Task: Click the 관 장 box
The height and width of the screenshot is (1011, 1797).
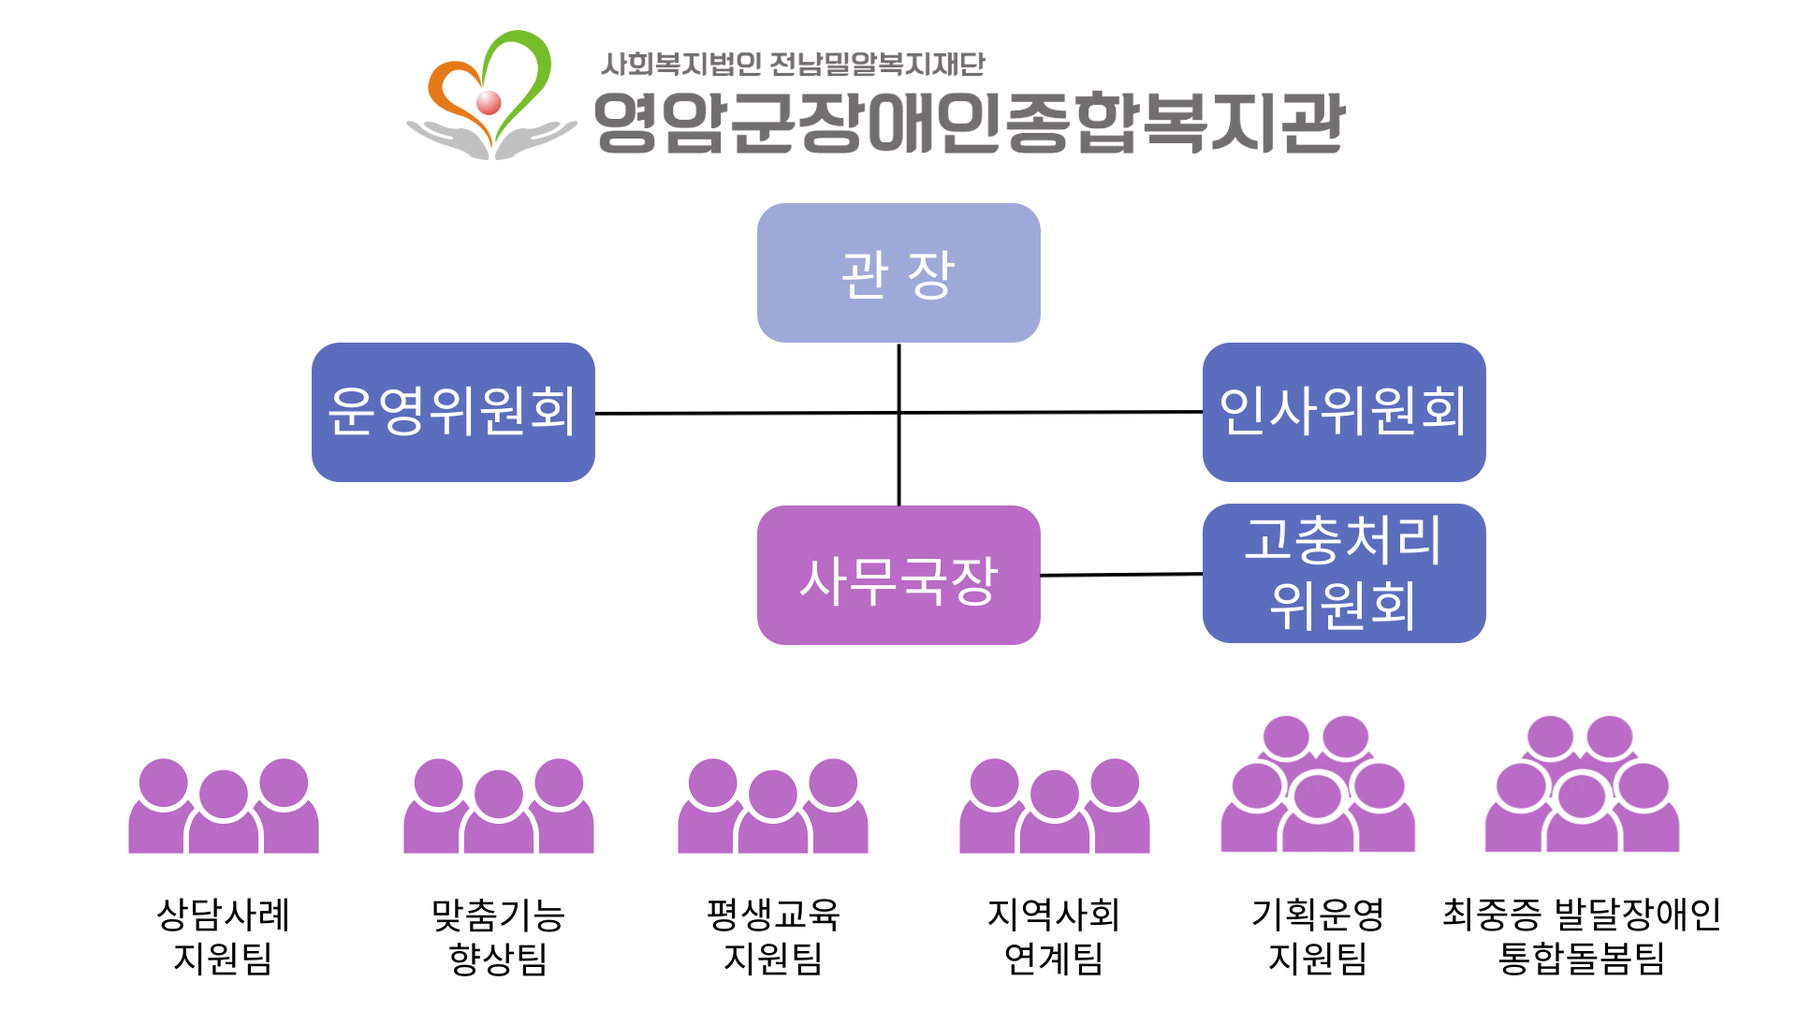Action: [x=898, y=272]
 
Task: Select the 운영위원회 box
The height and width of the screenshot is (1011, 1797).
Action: [x=453, y=412]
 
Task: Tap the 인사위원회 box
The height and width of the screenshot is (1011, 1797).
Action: [x=1344, y=412]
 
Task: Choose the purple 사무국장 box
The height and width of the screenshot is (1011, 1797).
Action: [x=898, y=575]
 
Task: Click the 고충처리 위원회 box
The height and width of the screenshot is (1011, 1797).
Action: [x=1344, y=573]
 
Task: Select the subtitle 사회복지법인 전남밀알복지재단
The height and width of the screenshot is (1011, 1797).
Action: [x=792, y=64]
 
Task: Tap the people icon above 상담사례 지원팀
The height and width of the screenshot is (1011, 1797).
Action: [x=224, y=807]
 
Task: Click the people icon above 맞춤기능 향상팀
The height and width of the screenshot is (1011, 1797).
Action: [x=499, y=807]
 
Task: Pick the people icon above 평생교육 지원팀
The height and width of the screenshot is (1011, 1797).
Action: [x=773, y=807]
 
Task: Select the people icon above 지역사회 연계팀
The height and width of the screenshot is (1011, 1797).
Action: [x=1055, y=807]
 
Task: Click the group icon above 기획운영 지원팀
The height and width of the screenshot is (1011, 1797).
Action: [x=1318, y=786]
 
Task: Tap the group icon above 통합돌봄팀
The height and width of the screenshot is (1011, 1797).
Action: [x=1582, y=786]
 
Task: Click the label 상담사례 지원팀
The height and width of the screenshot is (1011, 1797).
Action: [x=224, y=936]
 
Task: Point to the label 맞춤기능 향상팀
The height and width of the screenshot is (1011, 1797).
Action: [x=499, y=936]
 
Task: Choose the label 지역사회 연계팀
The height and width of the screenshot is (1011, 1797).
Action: [x=1055, y=936]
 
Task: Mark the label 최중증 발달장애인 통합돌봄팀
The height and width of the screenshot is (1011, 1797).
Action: [x=1582, y=936]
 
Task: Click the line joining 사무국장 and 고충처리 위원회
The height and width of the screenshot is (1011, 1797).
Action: [x=1121, y=575]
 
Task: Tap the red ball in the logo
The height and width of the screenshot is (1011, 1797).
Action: [x=489, y=102]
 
